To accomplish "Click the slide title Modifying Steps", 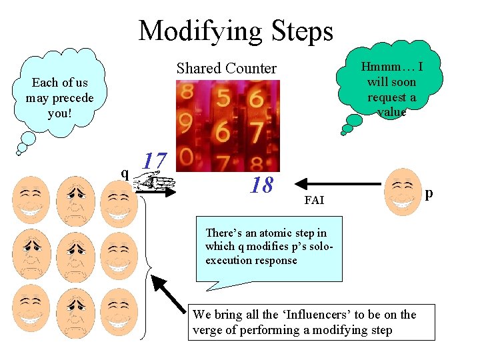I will tap(235, 31).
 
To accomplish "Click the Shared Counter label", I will tap(226, 68).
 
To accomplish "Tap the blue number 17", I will tap(155, 161).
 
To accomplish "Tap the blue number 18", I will tap(261, 185).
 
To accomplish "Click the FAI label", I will tap(313, 199).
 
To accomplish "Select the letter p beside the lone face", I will tap(429, 193).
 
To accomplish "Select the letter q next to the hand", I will tap(125, 173).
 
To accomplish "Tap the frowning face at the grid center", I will tap(75, 255).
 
